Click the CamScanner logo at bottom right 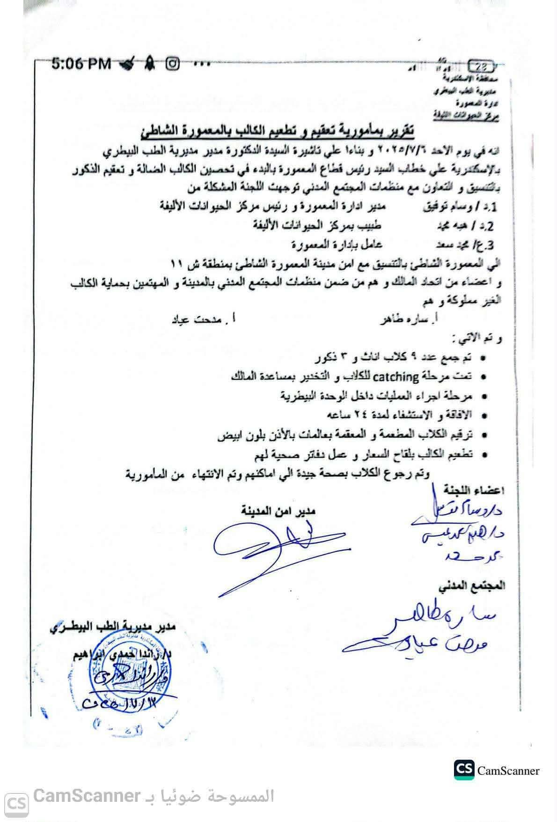pos(497,770)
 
